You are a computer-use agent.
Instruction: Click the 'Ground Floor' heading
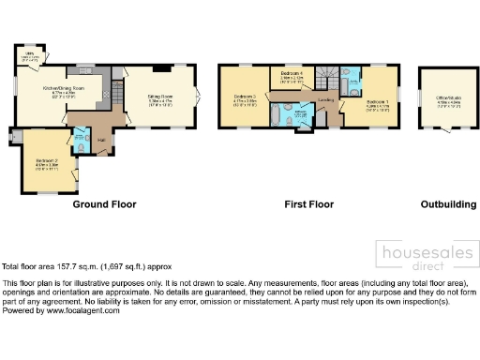105,203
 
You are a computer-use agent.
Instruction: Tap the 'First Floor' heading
309,203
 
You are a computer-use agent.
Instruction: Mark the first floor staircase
327,75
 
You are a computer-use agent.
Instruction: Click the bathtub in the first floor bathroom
282,116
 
